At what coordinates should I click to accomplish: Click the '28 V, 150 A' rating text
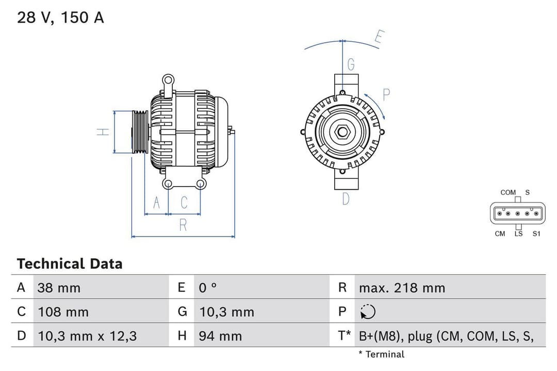pyautogui.click(x=60, y=18)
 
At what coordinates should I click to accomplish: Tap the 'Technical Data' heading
pyautogui.click(x=70, y=264)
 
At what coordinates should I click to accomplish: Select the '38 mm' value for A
pyautogui.click(x=59, y=288)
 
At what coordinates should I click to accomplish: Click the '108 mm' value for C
pyautogui.click(x=63, y=312)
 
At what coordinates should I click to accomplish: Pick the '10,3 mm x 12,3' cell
pyautogui.click(x=87, y=336)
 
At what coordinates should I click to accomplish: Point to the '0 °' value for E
pyautogui.click(x=208, y=288)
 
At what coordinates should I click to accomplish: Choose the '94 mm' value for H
pyautogui.click(x=220, y=336)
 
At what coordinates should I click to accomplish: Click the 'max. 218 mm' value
pyautogui.click(x=402, y=288)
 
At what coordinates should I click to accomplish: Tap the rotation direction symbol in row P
pyautogui.click(x=368, y=312)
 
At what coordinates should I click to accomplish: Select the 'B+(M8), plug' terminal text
pyautogui.click(x=446, y=336)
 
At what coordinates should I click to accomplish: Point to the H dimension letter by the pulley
pyautogui.click(x=104, y=132)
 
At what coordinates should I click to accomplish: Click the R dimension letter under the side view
pyautogui.click(x=183, y=225)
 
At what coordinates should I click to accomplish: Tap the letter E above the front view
pyautogui.click(x=379, y=37)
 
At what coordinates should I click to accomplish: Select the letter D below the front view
pyautogui.click(x=346, y=198)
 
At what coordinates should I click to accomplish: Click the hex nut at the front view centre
pyautogui.click(x=342, y=132)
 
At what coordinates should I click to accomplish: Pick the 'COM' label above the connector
pyautogui.click(x=507, y=192)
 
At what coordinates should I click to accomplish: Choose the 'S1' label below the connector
pyautogui.click(x=536, y=233)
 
